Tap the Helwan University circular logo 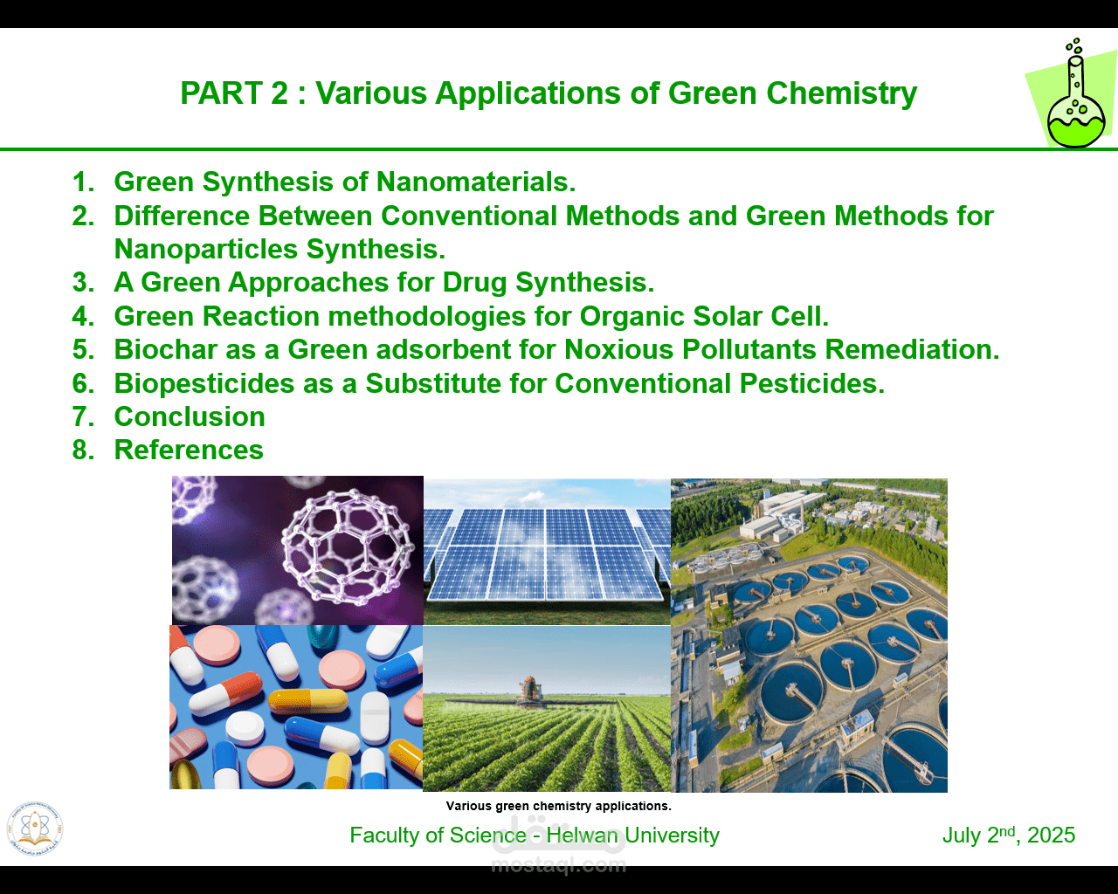(x=35, y=829)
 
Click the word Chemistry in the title (x=842, y=93)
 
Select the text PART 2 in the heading (x=234, y=93)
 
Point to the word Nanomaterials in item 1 (x=475, y=182)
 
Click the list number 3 (x=83, y=282)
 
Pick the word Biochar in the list (x=166, y=349)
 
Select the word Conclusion (x=190, y=416)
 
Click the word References (x=189, y=450)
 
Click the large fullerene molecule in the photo (x=348, y=547)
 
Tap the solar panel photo (x=547, y=551)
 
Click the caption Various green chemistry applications (x=558, y=806)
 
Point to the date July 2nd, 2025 (x=1008, y=835)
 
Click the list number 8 (x=83, y=450)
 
